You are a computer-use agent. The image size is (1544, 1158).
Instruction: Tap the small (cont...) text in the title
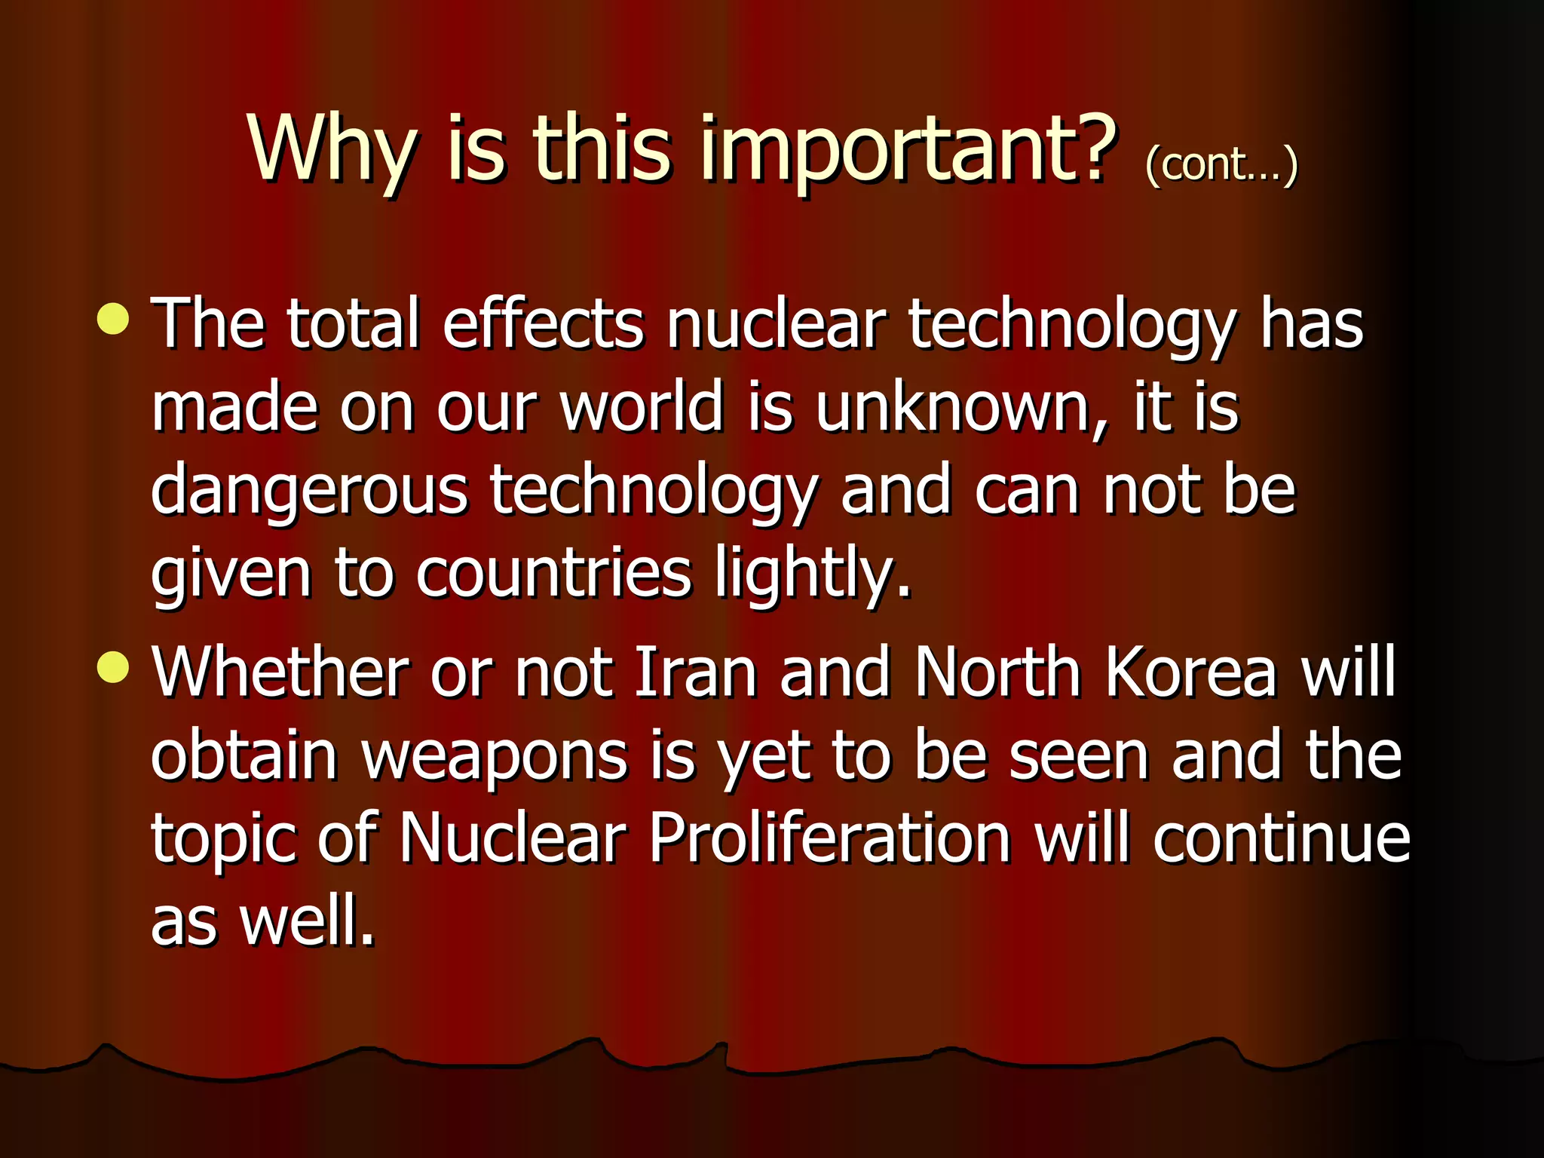click(x=1221, y=164)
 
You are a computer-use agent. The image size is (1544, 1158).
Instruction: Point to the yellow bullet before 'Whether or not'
click(x=113, y=667)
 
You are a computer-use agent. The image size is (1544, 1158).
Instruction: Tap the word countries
click(x=553, y=573)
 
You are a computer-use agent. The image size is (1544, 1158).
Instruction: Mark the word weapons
click(x=495, y=757)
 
